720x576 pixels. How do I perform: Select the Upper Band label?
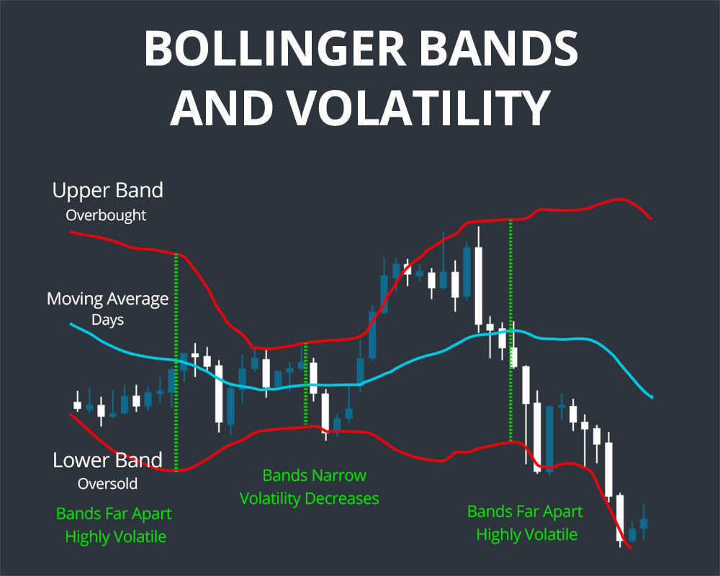click(108, 191)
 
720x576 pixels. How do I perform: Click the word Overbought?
click(106, 215)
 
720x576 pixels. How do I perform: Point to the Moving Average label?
click(108, 298)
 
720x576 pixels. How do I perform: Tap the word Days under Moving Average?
click(108, 319)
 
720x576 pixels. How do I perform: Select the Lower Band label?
click(108, 460)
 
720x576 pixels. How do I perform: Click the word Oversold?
click(107, 483)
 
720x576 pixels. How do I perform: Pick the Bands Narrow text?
click(314, 475)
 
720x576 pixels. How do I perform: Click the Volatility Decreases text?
click(310, 498)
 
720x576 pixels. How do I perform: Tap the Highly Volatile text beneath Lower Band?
click(115, 536)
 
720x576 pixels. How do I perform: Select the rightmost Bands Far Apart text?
click(525, 511)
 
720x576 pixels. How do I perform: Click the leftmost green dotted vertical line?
click(176, 360)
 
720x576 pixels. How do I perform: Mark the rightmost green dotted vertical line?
click(511, 331)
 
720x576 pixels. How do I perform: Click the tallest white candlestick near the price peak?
click(478, 284)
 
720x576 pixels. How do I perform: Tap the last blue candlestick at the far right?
click(644, 524)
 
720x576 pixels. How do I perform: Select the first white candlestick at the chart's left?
click(77, 405)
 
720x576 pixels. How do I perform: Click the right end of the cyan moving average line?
click(649, 396)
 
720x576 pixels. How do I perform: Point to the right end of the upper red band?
click(650, 217)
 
